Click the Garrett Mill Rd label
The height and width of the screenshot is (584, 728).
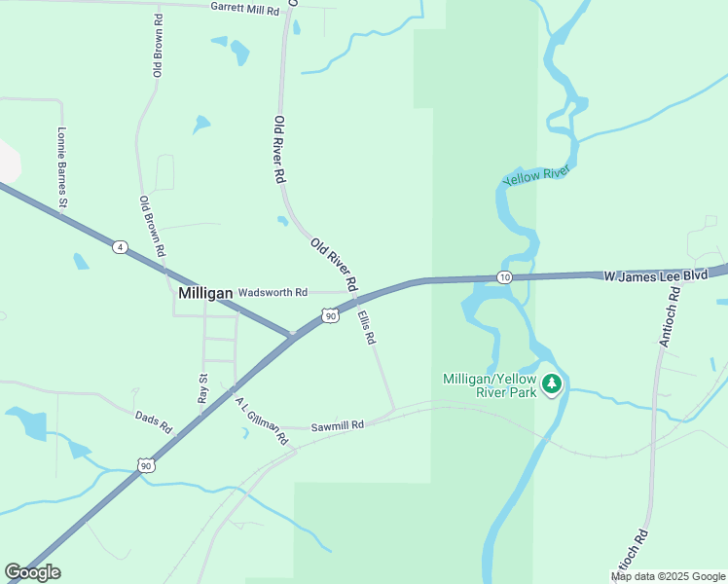(245, 8)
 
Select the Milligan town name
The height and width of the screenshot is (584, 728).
(205, 293)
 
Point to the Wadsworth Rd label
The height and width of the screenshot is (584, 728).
(273, 292)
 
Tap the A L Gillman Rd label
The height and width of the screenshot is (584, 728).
(262, 420)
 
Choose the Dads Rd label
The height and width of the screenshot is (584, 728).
(153, 422)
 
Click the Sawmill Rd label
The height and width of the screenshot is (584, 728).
(337, 425)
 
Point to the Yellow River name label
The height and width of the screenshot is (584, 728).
(536, 176)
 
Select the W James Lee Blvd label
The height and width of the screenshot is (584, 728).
(655, 276)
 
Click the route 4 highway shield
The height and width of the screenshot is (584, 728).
(119, 247)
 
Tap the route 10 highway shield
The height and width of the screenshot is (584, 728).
(503, 277)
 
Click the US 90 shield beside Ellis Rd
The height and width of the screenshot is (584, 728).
(331, 315)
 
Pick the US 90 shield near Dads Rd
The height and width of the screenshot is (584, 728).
(146, 465)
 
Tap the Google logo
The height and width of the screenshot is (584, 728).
(32, 572)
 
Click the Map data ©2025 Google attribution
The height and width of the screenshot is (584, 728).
(669, 576)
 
